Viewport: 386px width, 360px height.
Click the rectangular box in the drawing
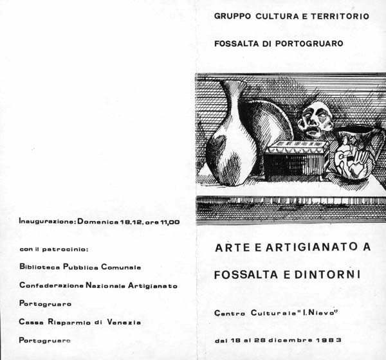[x=297, y=161]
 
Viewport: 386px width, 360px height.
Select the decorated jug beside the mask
[x=358, y=154]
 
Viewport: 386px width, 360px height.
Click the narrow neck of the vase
[x=233, y=96]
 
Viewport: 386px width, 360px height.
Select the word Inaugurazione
[x=47, y=222]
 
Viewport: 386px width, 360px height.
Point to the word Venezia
[x=120, y=321]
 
